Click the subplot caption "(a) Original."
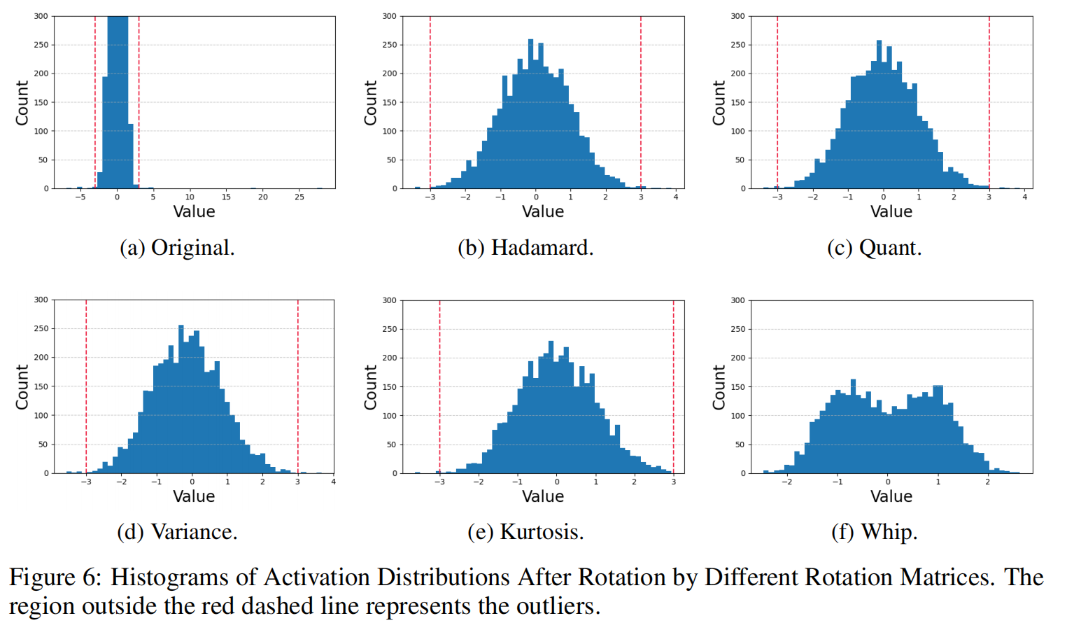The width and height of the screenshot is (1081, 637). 177,248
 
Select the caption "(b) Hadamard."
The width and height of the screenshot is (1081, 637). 525,248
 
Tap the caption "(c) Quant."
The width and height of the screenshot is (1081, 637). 874,248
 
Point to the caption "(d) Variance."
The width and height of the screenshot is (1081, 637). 177,532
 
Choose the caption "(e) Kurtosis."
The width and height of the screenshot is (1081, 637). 525,532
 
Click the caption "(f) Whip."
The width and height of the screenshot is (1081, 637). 874,532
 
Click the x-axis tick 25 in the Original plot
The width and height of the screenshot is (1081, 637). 299,197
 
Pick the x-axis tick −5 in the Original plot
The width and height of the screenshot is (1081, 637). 80,197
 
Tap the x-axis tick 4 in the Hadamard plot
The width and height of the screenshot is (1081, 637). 676,197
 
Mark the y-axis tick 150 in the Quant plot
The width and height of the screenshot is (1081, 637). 737,102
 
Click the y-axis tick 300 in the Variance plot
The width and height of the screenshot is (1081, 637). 41,300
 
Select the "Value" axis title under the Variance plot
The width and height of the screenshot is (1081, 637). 194,496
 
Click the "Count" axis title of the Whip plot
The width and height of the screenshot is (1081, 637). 719,387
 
